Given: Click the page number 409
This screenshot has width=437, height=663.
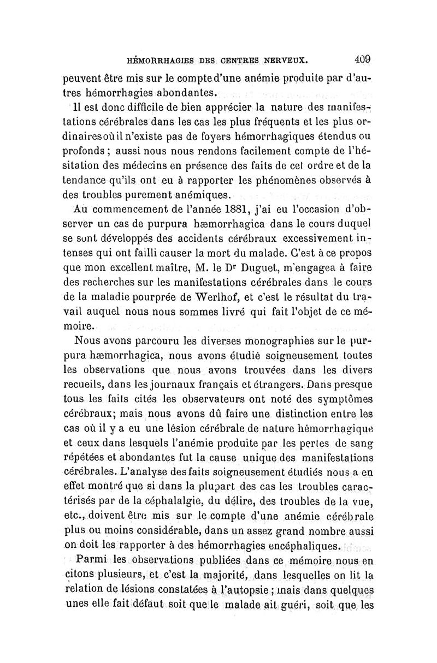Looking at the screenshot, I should pos(362,58).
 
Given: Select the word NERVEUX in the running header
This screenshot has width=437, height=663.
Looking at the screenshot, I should pos(288,59).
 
